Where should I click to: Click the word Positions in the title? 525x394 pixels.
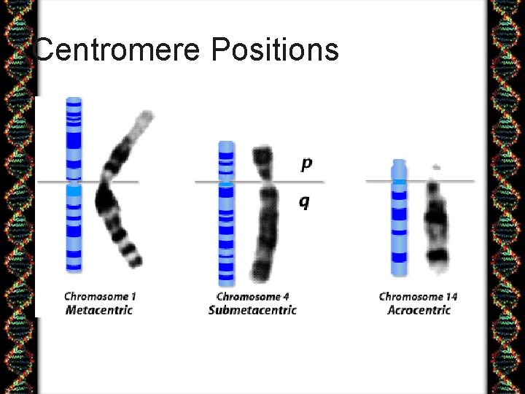[275, 50]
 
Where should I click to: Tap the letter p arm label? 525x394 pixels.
[306, 165]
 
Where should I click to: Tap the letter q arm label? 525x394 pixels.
[304, 201]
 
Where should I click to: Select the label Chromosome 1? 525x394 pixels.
[100, 296]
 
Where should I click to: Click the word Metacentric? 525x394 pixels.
[99, 309]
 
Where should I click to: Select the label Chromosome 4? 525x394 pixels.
[252, 296]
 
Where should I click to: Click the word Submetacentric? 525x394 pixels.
[252, 309]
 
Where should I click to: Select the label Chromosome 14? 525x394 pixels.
[418, 296]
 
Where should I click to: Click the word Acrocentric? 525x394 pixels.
[419, 309]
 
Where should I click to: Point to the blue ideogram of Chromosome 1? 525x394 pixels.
[74, 219]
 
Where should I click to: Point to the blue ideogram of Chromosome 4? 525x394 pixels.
[227, 226]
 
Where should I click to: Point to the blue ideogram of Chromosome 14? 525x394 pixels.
[398, 226]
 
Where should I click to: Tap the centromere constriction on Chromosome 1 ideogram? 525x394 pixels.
[74, 181]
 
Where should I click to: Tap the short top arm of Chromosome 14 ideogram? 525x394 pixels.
[398, 169]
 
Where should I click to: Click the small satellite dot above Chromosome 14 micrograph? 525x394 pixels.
[436, 167]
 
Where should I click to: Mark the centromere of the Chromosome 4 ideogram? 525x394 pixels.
[227, 181]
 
